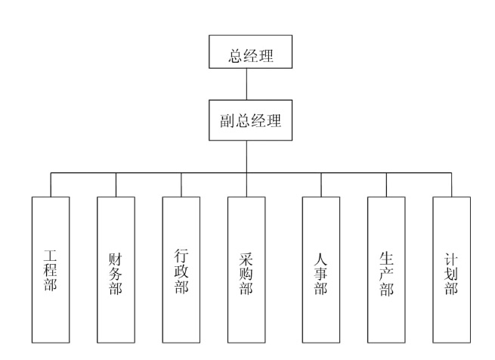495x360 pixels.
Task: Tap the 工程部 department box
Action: (x=51, y=269)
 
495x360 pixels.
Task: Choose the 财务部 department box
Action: (x=116, y=269)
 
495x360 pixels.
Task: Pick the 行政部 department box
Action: (x=181, y=269)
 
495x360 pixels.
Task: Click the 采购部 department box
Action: (x=246, y=269)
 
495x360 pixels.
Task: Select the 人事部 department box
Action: (x=320, y=269)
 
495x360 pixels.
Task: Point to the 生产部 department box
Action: (x=386, y=269)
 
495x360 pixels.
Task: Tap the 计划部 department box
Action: (x=451, y=269)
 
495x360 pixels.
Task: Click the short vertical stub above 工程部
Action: (x=51, y=185)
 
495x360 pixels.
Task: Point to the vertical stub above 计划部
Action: (x=451, y=185)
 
